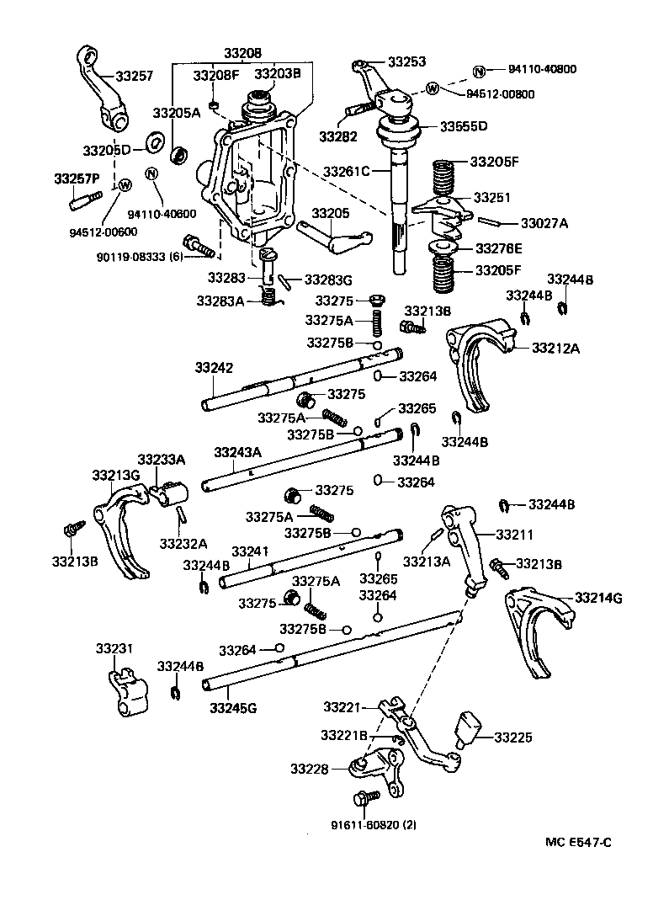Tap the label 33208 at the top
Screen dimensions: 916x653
242,53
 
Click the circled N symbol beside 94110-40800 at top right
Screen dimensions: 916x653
479,70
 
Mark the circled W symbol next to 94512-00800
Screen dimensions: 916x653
433,88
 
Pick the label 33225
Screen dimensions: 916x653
515,738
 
